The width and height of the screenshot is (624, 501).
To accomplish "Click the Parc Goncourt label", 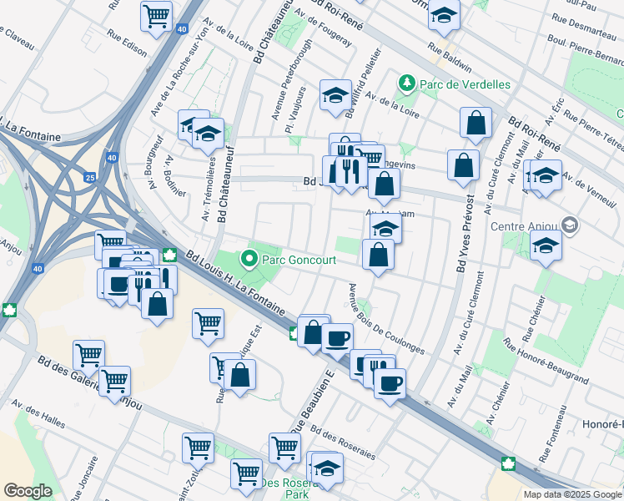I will [x=299, y=260].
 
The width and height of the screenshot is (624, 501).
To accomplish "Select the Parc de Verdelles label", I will [x=460, y=83].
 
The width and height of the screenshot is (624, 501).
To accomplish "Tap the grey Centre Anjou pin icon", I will [x=570, y=224].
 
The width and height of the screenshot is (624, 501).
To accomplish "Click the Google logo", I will [x=28, y=490].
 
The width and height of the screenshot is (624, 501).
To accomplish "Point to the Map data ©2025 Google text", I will [x=571, y=493].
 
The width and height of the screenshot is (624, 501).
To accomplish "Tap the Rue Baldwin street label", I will [x=450, y=58].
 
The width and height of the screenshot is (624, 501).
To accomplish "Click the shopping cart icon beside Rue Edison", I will [x=156, y=15].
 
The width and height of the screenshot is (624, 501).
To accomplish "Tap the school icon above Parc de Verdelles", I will [x=444, y=14].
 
